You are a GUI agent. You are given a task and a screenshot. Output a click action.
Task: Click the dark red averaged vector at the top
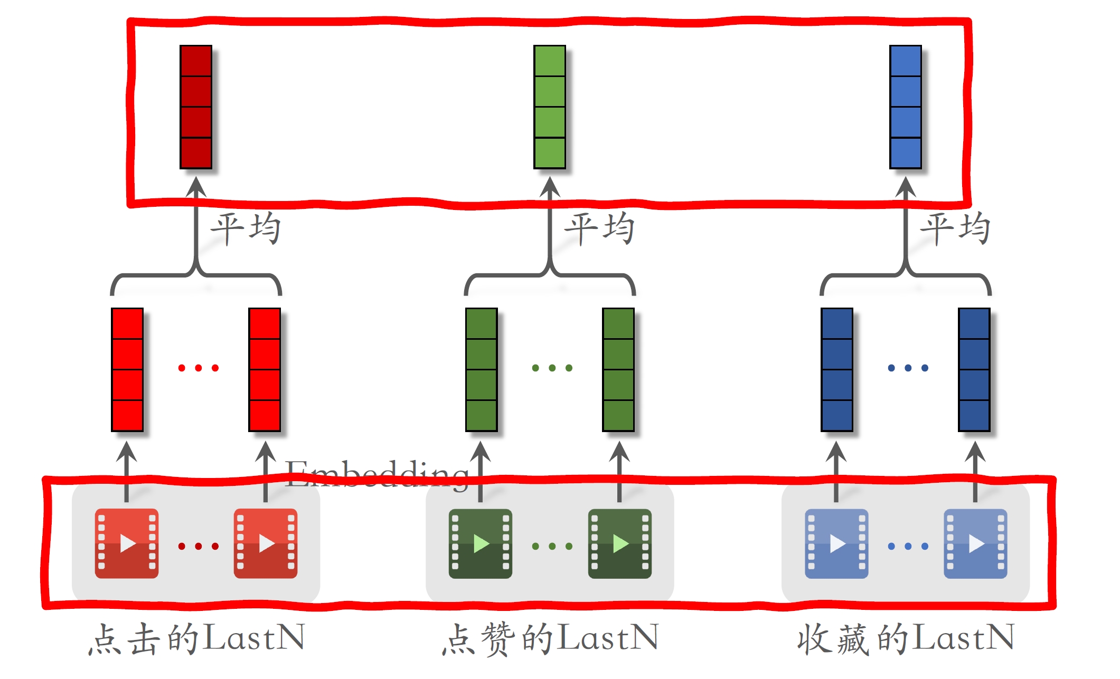point(196,107)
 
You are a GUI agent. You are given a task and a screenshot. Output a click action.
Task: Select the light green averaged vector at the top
point(550,107)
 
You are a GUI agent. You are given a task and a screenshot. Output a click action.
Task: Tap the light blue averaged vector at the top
point(906,107)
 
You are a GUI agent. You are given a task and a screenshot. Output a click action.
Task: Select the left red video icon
point(127,543)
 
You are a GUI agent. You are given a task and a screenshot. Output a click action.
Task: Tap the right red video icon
point(266,543)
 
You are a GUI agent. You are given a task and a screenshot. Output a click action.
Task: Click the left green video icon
point(481,543)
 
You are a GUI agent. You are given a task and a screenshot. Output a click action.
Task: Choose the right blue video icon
point(975,543)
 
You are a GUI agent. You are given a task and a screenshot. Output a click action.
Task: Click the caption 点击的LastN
point(196,638)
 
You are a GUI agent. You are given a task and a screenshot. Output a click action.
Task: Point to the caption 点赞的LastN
point(550,638)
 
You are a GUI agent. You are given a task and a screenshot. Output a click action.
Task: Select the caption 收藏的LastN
point(906,638)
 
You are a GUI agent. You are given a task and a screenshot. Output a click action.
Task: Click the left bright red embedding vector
point(127,370)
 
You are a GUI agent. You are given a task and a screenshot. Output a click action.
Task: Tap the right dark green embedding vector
point(618,370)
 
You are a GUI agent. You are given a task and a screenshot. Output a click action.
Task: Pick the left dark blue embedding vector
point(837,370)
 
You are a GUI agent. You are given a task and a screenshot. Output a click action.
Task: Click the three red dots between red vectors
point(199,368)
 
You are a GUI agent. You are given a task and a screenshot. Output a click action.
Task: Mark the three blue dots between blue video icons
point(908,546)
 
